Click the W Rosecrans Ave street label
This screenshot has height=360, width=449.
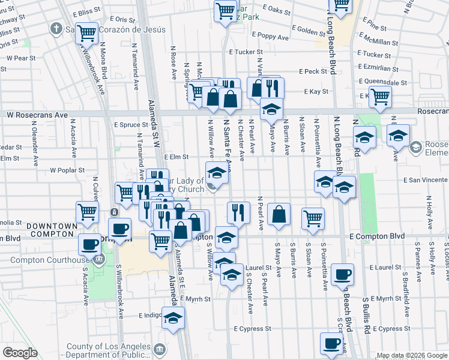pos(37,114)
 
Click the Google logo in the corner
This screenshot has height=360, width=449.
pos(20,353)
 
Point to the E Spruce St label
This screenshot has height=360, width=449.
pos(131,125)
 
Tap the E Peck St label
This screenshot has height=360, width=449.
pos(316,71)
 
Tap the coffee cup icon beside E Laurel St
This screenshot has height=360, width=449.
pos(342,274)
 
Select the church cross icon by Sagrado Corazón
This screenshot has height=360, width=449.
pos(56,28)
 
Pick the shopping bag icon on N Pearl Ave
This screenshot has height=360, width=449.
pos(279,214)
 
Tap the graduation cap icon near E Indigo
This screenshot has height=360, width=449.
pos(173,317)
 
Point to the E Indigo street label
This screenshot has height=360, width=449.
pos(149,315)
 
